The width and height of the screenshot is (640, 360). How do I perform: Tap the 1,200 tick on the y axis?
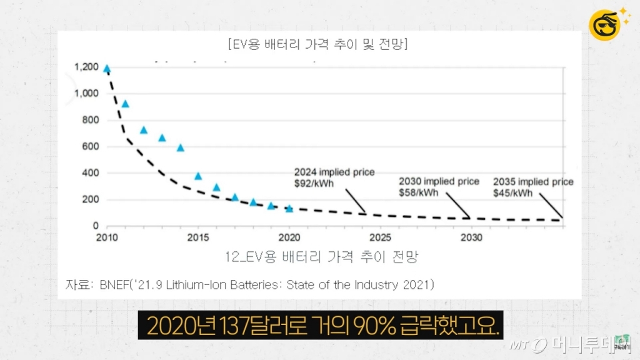[x=86, y=67]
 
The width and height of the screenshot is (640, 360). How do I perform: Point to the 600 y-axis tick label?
[x=91, y=147]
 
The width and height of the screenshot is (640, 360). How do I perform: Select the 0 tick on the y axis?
[x=96, y=226]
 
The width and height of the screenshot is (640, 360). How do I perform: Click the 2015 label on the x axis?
[x=197, y=237]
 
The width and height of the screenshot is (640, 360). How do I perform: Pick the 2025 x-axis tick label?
[x=380, y=237]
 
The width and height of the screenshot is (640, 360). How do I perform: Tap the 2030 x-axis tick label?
[x=471, y=237]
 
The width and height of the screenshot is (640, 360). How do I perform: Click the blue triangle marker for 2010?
[x=107, y=69]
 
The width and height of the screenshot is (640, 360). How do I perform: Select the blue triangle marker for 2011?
[x=125, y=104]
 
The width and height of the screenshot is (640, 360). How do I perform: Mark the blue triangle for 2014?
[x=181, y=147]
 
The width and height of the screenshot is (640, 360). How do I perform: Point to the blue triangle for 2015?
[x=198, y=176]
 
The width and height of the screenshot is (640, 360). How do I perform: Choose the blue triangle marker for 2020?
[x=289, y=209]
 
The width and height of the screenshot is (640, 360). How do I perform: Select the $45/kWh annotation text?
[x=513, y=193]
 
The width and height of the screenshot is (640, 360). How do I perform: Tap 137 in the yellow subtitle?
[x=211, y=326]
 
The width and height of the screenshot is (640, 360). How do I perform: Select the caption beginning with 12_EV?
[x=321, y=256]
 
